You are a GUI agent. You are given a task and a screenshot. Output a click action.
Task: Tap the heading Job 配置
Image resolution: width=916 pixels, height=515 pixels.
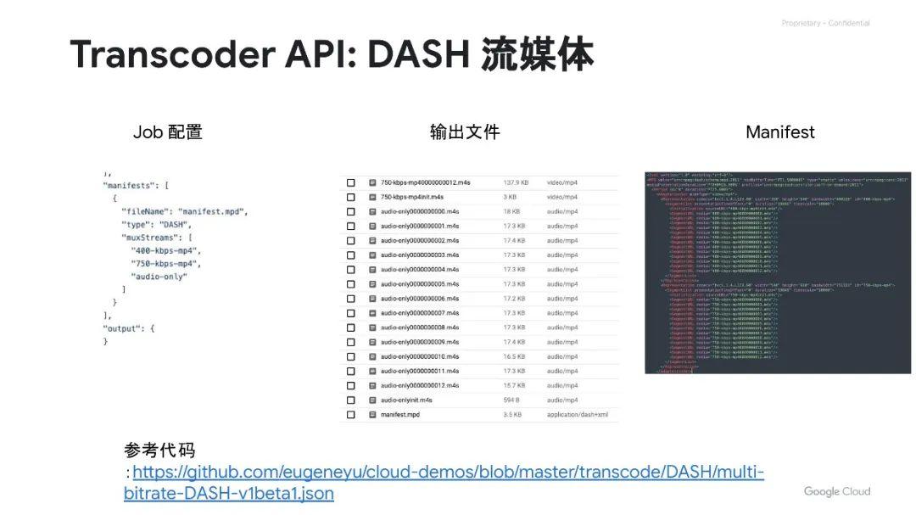168,132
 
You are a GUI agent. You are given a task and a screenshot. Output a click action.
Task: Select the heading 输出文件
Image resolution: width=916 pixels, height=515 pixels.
465,132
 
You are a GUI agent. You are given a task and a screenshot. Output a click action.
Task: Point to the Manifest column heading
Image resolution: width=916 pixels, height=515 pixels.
779,132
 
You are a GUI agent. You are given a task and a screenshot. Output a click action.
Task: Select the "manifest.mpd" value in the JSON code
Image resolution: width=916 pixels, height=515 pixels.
212,211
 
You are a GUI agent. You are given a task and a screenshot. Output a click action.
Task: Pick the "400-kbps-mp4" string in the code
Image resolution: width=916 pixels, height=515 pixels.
165,251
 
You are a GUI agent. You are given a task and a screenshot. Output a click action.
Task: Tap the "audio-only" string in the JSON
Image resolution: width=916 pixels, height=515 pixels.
159,277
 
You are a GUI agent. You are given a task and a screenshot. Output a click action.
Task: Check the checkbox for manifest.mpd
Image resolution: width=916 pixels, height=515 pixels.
350,414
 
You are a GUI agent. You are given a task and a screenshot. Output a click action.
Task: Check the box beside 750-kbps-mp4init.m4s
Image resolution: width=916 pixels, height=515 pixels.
350,197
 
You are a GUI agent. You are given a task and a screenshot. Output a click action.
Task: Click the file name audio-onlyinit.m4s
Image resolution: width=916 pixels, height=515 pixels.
406,400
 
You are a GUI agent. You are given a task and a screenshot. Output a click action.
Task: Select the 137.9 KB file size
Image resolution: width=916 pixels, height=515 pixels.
516,182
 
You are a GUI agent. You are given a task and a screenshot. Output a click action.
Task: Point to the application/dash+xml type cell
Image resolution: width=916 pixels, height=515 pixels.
578,414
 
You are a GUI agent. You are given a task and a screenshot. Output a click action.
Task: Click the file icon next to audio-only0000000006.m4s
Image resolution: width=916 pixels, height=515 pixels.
372,299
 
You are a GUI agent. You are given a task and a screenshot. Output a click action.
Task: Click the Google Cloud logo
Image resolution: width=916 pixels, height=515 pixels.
836,491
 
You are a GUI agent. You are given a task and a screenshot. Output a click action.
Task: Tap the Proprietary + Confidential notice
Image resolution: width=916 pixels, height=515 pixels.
825,24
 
